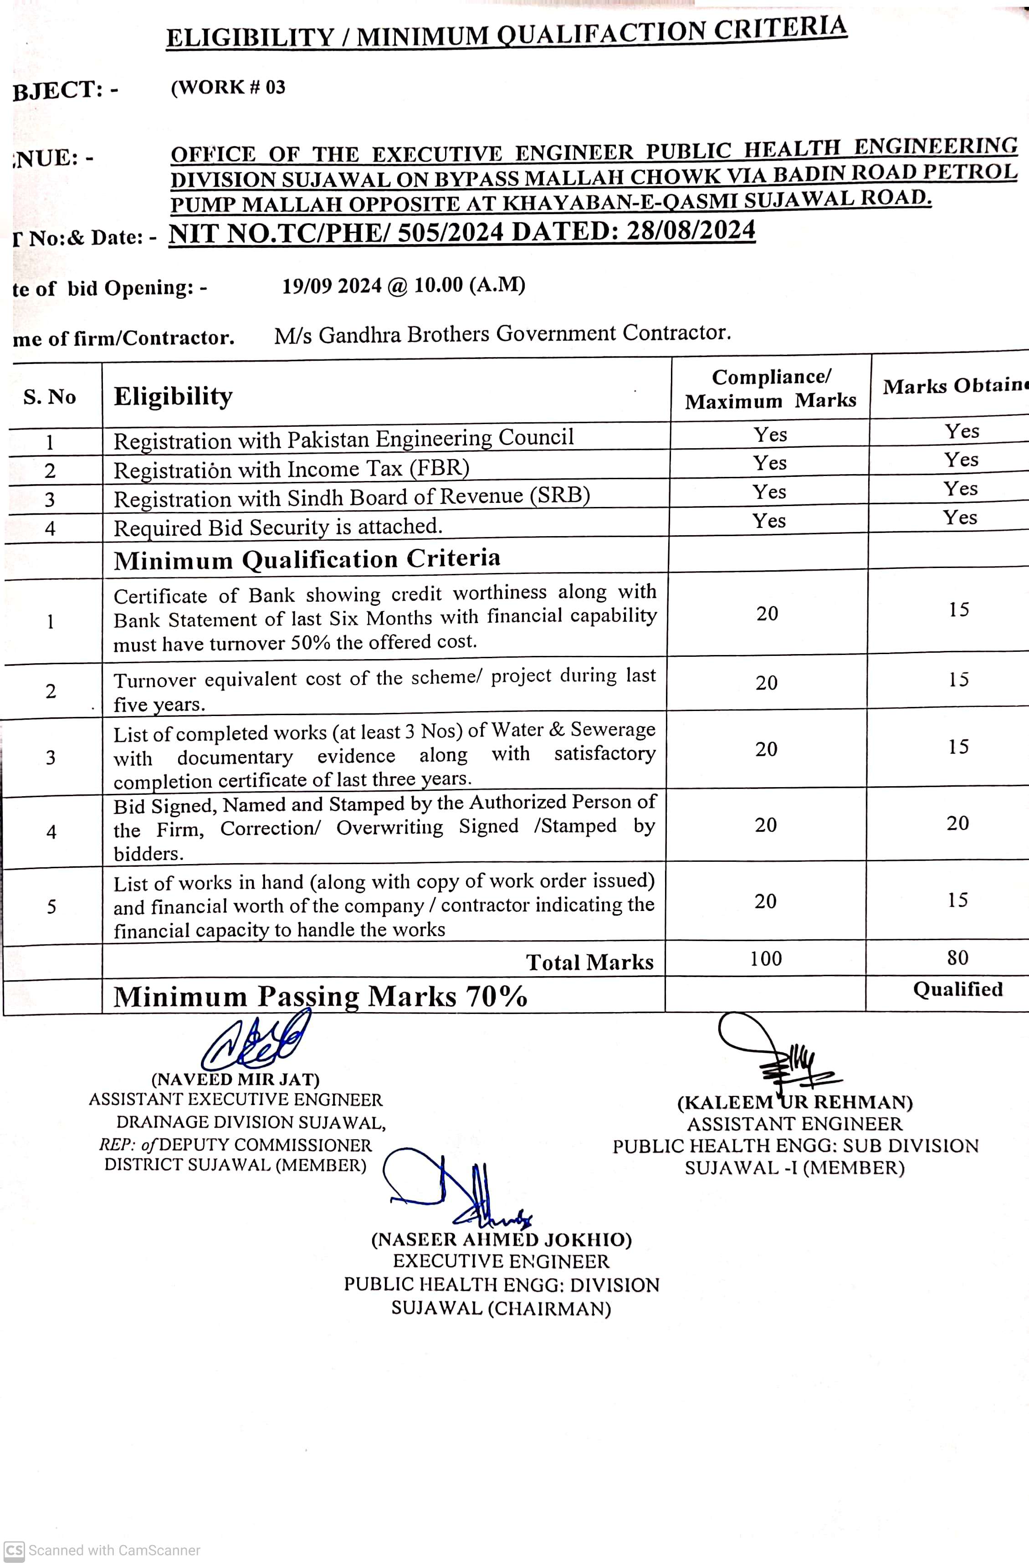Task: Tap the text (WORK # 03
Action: click(x=228, y=87)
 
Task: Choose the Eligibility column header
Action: click(x=173, y=396)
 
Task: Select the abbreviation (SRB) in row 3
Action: click(x=559, y=495)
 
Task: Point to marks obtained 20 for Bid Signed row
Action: click(x=957, y=823)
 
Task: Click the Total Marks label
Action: click(x=589, y=962)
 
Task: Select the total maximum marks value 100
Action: click(x=766, y=959)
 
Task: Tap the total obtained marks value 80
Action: click(x=957, y=957)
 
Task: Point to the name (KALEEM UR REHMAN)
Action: click(x=795, y=1103)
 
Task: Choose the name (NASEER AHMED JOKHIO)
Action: click(x=502, y=1240)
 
